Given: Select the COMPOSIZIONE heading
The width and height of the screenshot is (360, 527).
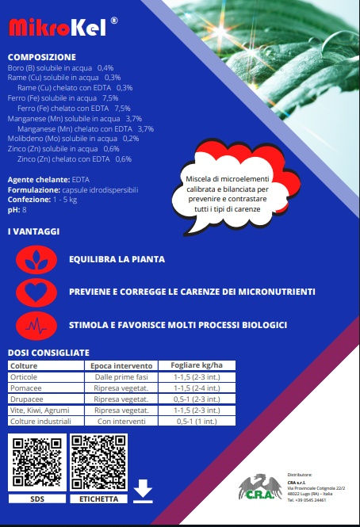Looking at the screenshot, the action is (x=41, y=57).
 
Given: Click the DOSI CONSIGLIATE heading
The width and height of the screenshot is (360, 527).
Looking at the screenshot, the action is (x=48, y=352).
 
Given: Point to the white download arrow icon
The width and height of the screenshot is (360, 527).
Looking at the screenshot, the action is (x=143, y=491).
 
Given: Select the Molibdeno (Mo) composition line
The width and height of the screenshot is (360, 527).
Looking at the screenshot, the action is (x=73, y=138).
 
